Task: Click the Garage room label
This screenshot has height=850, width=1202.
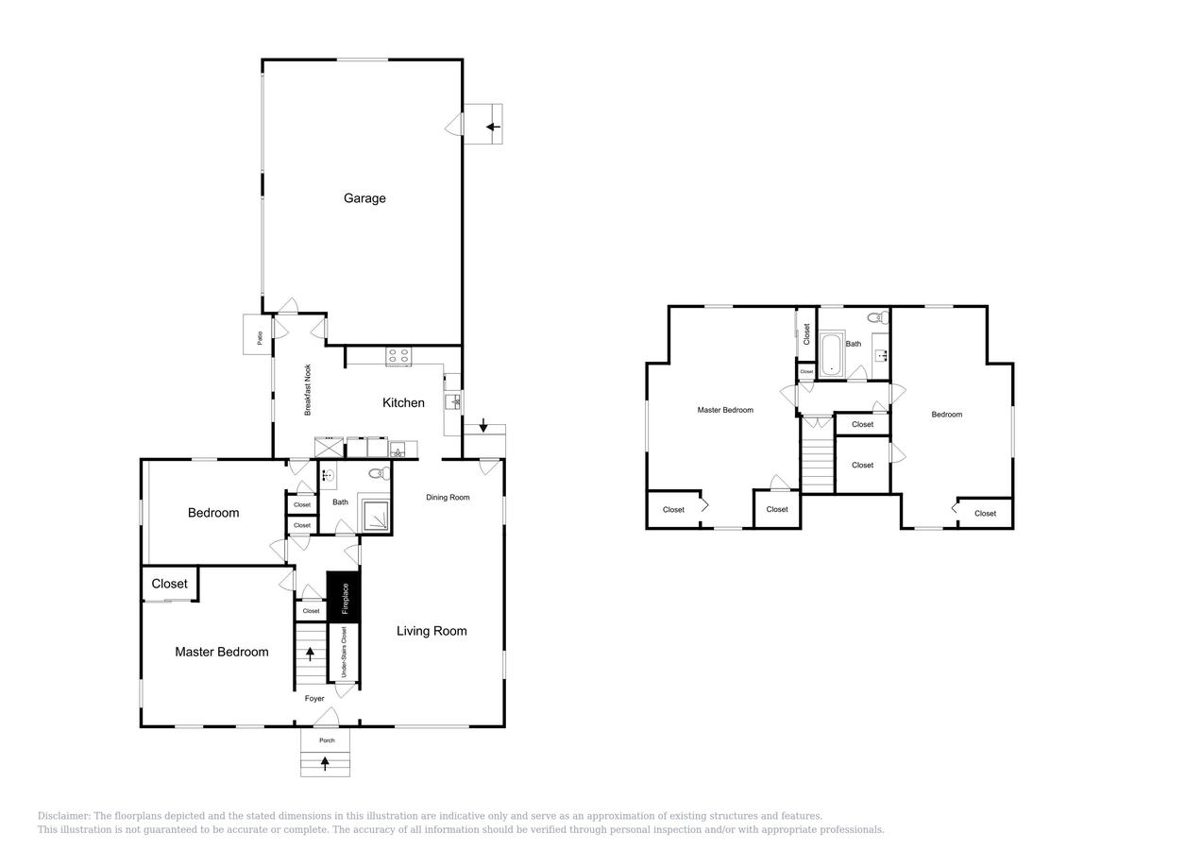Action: pyautogui.click(x=364, y=198)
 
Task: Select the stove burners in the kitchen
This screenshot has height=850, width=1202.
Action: pyautogui.click(x=398, y=356)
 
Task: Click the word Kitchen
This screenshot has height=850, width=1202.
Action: pyautogui.click(x=403, y=403)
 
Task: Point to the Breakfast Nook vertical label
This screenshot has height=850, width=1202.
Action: pyautogui.click(x=308, y=390)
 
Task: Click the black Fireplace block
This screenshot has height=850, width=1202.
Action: pyautogui.click(x=344, y=597)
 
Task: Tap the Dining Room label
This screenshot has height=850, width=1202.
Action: pyautogui.click(x=448, y=498)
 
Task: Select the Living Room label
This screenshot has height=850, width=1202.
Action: pyautogui.click(x=432, y=631)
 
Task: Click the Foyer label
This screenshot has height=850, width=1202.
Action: pyautogui.click(x=314, y=699)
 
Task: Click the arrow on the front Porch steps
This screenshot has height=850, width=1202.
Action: pyautogui.click(x=326, y=763)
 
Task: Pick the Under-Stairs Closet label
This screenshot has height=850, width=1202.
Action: pyautogui.click(x=344, y=652)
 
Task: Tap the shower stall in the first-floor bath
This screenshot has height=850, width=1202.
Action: pyautogui.click(x=376, y=515)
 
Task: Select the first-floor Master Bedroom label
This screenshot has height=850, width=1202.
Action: pyautogui.click(x=222, y=652)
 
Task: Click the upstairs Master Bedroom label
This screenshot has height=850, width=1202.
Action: pyautogui.click(x=725, y=410)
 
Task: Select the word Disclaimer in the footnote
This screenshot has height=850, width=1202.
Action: pyautogui.click(x=63, y=816)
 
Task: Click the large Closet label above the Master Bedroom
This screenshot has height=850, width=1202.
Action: pyautogui.click(x=170, y=584)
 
